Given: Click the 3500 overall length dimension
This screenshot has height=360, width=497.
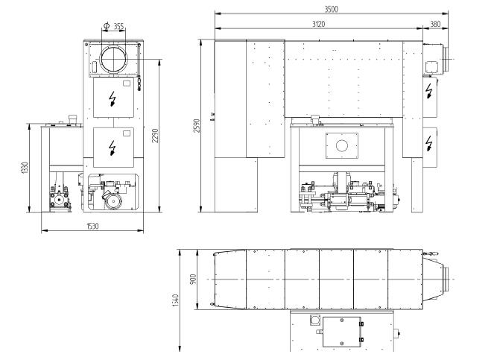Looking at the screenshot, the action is coord(332,9).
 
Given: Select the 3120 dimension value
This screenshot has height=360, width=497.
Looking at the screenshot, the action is coord(319,24).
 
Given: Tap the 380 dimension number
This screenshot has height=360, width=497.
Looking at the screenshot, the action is coord(435,24).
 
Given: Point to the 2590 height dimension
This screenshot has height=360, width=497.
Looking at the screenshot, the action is coord(197,126).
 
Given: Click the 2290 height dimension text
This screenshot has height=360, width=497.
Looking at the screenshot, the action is coord(155,136).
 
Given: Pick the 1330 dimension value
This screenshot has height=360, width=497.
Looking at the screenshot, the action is coord(25,168).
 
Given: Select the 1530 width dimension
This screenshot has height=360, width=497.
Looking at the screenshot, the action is coord(92,226).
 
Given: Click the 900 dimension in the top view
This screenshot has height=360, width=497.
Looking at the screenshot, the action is coord(194,279).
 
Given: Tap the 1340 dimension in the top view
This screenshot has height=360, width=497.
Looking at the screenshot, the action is coord(176,300).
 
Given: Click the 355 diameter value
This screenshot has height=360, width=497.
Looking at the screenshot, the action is coord(119,26).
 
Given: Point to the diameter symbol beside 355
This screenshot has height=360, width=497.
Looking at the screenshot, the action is coord(107,25).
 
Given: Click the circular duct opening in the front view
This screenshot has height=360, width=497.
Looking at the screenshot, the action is coord(114,60).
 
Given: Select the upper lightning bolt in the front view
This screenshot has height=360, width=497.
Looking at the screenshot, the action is coord(112,98).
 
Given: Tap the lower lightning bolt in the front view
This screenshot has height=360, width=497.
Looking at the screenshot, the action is coord(112,148).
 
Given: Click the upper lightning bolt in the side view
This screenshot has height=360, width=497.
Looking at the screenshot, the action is coord(429,91).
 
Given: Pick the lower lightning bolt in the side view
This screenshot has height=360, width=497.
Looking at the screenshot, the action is coord(429,143).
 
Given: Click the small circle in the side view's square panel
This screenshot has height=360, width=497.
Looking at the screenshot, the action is coord(342,146).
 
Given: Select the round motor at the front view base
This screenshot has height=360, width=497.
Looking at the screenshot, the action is coord(113,201).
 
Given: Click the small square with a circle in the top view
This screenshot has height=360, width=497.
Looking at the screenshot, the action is coord(315,320).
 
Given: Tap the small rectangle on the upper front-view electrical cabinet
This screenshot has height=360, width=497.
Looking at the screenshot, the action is coord(127,83).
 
